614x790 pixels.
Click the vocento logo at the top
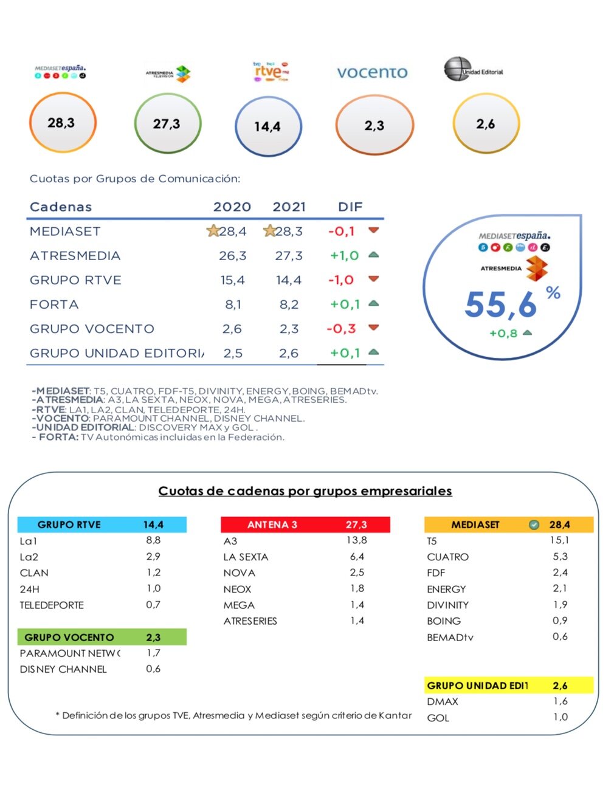coord(372,73)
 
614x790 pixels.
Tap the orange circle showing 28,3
coord(62,123)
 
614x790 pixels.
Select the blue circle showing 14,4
coord(267,126)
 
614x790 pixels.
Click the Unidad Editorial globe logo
coord(458,69)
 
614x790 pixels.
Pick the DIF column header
coord(350,207)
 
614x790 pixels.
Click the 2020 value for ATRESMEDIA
coord(233,256)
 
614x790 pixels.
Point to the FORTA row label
coord(54,304)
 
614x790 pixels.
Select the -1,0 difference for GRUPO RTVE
coord(340,280)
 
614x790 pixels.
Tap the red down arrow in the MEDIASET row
coord(374,230)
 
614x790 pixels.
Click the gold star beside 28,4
coord(213,231)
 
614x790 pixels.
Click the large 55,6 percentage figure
coord(501,304)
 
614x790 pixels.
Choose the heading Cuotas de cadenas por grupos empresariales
coord(305,491)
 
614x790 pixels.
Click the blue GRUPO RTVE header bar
coord(102,524)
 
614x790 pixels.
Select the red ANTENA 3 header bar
coord(305,524)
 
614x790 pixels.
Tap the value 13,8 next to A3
coord(357,540)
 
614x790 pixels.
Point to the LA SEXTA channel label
coord(246,557)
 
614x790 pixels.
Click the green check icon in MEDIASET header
coord(534,524)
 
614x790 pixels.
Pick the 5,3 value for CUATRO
coord(560,557)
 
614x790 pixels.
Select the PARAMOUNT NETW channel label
coord(70,653)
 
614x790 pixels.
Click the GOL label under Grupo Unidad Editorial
coord(438,718)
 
